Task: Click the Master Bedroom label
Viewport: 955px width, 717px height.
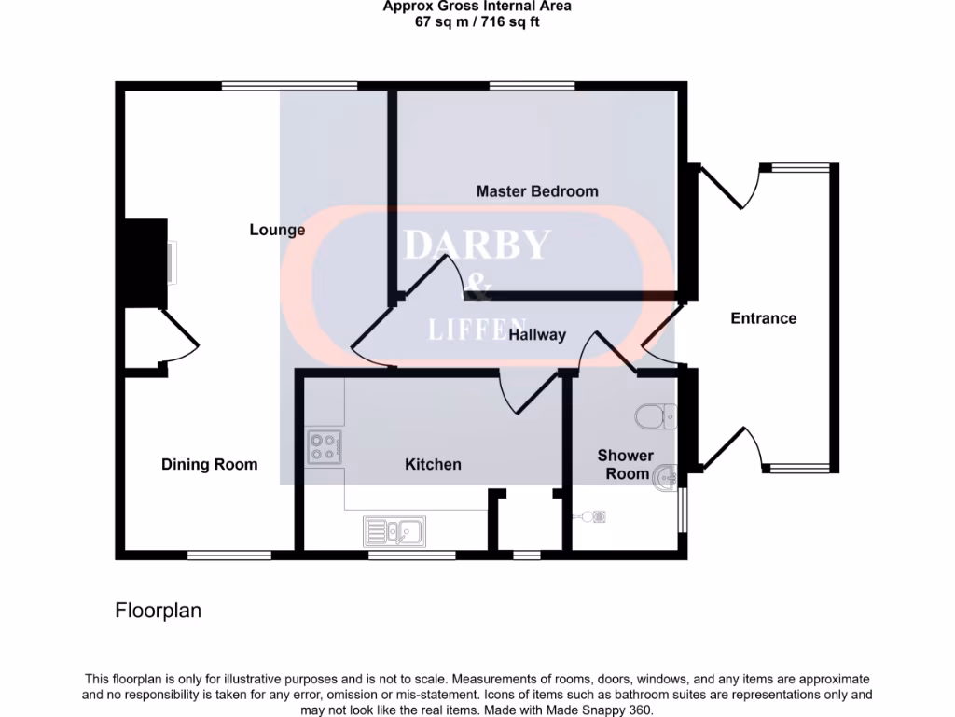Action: tap(537, 191)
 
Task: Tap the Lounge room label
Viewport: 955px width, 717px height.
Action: tap(277, 230)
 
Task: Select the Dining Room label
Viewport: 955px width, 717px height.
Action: tap(210, 464)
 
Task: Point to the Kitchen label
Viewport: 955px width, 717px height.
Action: tap(433, 464)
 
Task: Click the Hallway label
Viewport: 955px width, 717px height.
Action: tap(537, 334)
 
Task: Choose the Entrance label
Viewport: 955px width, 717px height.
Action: tap(763, 318)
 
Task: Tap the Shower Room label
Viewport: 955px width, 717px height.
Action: tap(625, 464)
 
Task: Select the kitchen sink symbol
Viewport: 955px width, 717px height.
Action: tap(394, 531)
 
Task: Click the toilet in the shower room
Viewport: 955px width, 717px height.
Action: tap(655, 415)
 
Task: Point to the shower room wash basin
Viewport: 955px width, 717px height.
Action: tap(665, 478)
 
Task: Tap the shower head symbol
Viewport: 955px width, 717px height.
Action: tap(595, 514)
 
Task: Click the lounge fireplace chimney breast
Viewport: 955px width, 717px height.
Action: tap(145, 263)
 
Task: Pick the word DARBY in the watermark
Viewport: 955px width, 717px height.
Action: tap(477, 245)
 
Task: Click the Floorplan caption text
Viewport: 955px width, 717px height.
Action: tap(158, 611)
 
